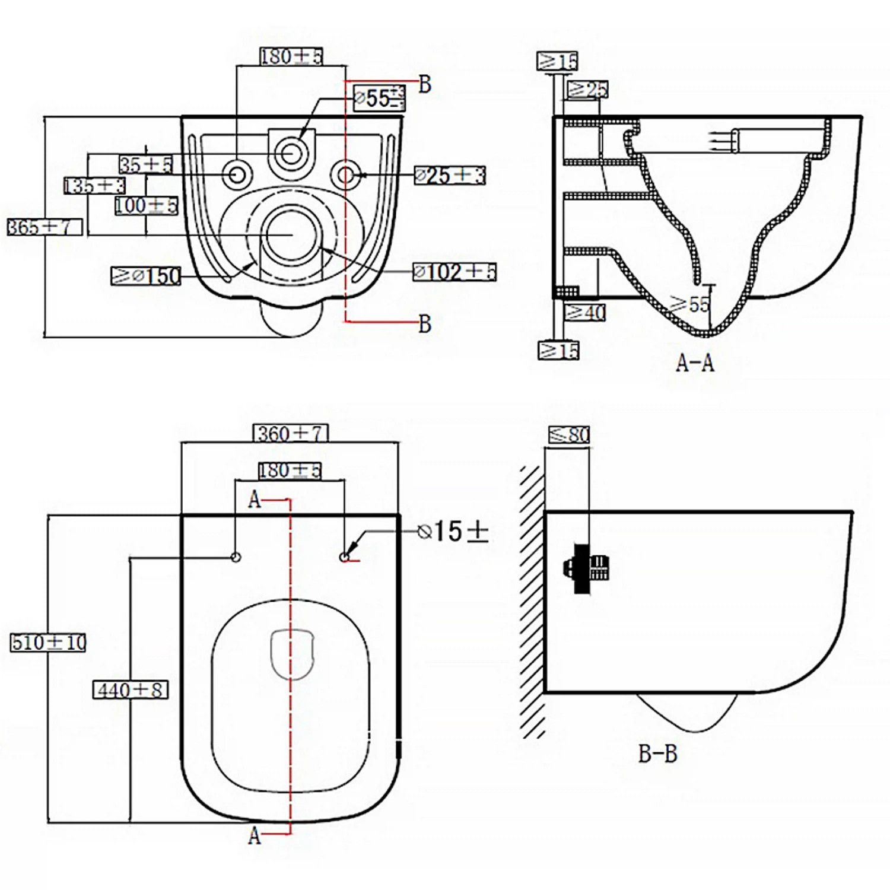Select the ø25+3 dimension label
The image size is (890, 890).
450,176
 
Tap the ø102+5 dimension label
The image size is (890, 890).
454,272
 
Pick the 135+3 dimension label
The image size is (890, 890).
94,186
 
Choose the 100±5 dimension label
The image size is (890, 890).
146,206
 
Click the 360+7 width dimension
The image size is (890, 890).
291,434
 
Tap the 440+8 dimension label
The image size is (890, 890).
131,690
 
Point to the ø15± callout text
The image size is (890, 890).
453,532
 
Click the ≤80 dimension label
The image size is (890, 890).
569,435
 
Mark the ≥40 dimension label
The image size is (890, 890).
585,312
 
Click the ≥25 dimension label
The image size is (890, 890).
588,90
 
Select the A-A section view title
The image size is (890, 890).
695,363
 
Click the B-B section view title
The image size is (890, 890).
658,754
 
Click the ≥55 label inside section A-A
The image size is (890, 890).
690,304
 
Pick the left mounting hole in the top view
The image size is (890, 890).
236,557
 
